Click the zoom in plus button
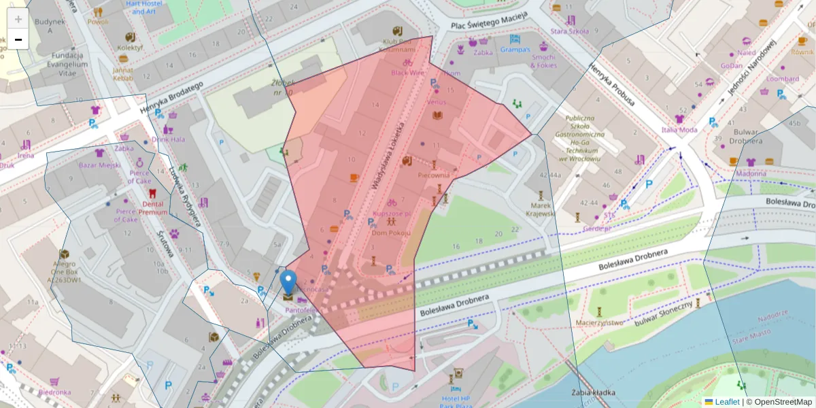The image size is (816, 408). pyautogui.click(x=18, y=19)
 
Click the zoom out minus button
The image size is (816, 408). pyautogui.click(x=18, y=39)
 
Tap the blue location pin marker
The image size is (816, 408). pyautogui.click(x=288, y=282)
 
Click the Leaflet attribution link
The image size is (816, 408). pyautogui.click(x=726, y=402)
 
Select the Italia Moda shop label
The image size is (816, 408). pyautogui.click(x=679, y=129)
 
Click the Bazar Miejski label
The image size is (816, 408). pyautogui.click(x=99, y=165)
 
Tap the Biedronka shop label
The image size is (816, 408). pyautogui.click(x=54, y=392)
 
